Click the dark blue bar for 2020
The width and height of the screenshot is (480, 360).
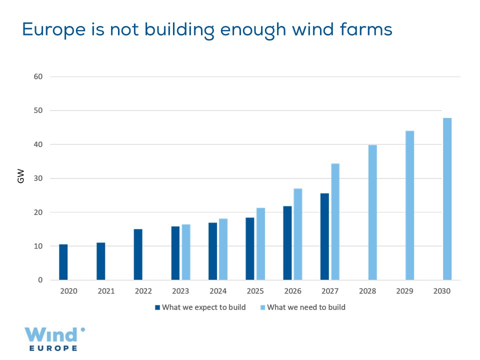click(x=63, y=262)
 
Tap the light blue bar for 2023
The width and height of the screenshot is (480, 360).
click(x=186, y=252)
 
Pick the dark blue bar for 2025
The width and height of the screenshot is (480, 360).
click(x=250, y=248)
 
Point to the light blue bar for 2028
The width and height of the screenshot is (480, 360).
click(x=372, y=212)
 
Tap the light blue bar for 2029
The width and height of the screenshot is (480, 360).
click(x=409, y=205)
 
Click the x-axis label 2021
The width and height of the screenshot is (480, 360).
click(x=106, y=291)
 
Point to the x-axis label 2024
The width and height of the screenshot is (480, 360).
click(x=218, y=291)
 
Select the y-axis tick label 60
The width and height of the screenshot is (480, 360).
click(x=39, y=76)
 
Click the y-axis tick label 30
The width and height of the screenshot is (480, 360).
click(x=39, y=178)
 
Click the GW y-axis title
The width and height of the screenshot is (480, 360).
click(x=21, y=178)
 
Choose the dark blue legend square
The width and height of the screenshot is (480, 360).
click(x=157, y=307)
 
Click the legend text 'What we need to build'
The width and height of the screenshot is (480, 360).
click(x=306, y=307)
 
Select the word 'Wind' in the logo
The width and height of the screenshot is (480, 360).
click(x=51, y=334)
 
